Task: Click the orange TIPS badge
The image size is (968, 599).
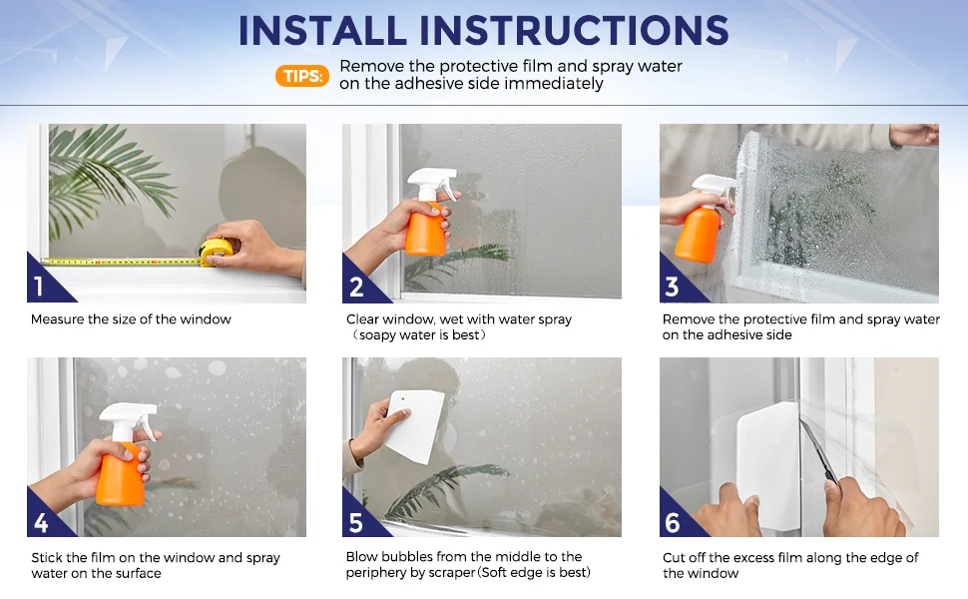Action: tap(302, 75)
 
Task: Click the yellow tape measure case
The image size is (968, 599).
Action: tap(216, 251)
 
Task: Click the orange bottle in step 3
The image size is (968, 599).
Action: tap(699, 234)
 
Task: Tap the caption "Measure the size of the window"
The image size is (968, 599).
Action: tap(131, 319)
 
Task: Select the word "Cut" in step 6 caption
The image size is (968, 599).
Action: tap(675, 558)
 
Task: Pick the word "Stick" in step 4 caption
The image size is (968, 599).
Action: tap(47, 558)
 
